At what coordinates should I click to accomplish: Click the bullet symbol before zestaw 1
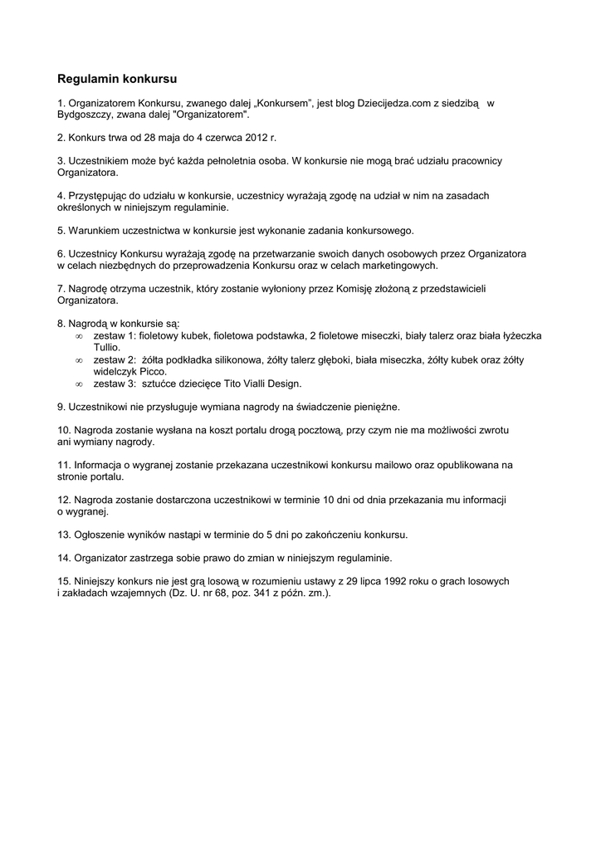[x=79, y=335]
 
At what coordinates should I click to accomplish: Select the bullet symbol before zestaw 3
[x=79, y=384]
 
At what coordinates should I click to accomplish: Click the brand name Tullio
[x=107, y=347]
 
